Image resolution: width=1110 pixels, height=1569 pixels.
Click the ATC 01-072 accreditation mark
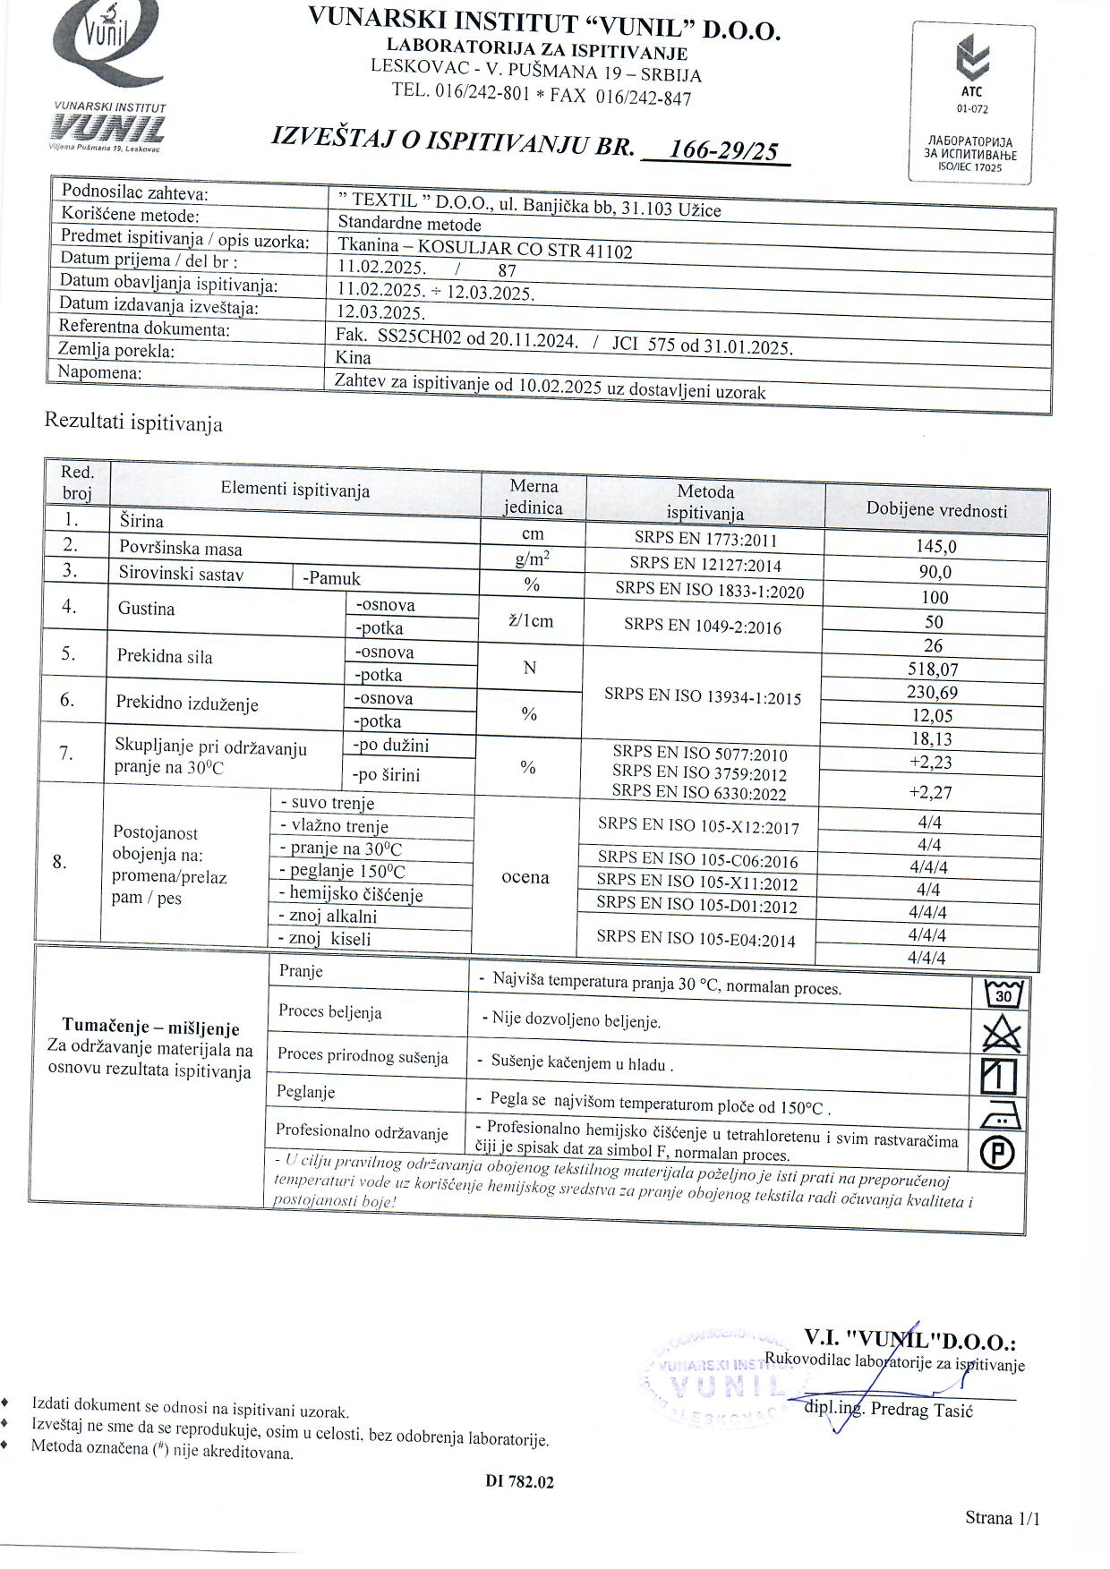[972, 75]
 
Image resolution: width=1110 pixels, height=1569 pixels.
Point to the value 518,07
[932, 669]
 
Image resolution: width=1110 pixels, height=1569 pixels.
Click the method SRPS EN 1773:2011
[705, 540]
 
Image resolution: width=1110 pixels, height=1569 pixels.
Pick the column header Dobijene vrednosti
[936, 510]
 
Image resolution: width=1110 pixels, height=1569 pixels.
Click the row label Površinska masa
[181, 549]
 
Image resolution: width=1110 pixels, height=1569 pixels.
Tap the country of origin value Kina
[354, 357]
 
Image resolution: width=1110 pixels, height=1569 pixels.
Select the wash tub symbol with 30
[1003, 993]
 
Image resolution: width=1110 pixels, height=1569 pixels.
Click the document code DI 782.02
[520, 1481]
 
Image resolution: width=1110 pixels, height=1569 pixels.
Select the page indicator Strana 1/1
[1003, 1517]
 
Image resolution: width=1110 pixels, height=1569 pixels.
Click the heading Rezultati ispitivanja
[133, 422]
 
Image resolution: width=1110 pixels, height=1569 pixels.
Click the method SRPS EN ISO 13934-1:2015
[703, 697]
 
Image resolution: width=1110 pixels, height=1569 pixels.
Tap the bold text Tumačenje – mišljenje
[150, 1027]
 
